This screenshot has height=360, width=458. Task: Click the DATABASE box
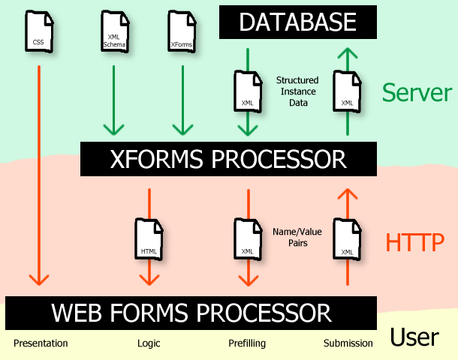click(297, 22)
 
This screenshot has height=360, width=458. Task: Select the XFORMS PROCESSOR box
click(228, 159)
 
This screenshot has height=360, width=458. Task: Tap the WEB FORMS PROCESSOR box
click(191, 312)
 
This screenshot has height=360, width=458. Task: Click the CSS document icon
click(38, 32)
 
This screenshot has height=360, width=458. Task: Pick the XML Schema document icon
click(114, 32)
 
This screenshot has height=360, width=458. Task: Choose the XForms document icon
click(182, 32)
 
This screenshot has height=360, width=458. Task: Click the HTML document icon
click(149, 240)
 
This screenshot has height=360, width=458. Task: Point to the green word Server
click(417, 92)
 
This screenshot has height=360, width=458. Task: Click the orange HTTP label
click(414, 241)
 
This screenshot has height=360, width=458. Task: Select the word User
click(414, 337)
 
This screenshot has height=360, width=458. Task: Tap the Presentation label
click(41, 343)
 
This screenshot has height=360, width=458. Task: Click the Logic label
click(149, 343)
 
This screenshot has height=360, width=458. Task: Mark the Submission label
click(348, 343)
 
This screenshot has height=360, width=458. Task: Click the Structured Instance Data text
click(297, 91)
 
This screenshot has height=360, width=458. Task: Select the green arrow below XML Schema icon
click(114, 101)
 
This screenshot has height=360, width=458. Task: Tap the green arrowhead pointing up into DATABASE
click(347, 54)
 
